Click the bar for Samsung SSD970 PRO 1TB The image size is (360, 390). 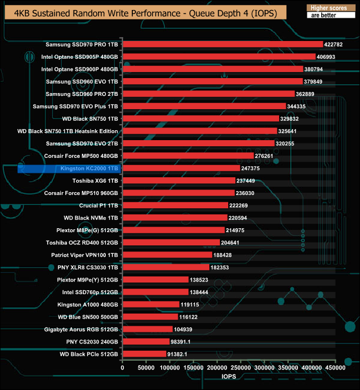click(x=222, y=44)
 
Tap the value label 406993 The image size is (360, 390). click(x=328, y=57)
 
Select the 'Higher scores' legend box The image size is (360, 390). click(x=328, y=8)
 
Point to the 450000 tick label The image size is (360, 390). click(x=335, y=367)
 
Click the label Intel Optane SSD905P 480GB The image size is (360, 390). click(x=80, y=57)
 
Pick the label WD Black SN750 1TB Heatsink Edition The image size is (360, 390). click(x=68, y=131)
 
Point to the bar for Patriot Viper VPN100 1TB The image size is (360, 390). click(x=167, y=255)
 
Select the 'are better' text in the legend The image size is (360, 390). click(x=328, y=16)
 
